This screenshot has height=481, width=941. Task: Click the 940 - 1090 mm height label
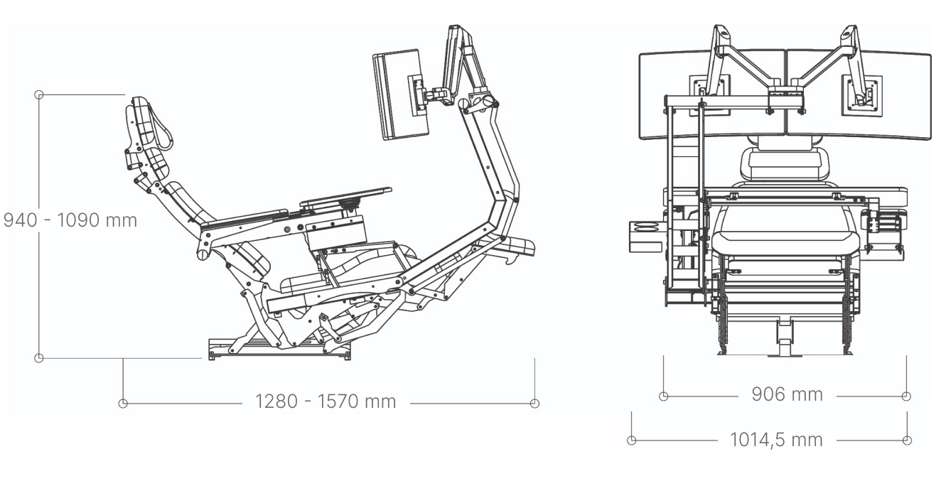coord(70,220)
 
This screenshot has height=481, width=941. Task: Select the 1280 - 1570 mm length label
coord(326,401)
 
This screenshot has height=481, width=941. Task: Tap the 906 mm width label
coord(787,394)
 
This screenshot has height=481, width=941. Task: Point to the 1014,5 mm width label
coord(776,440)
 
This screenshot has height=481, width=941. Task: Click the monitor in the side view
coord(400,94)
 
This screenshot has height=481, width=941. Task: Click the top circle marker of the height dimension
coord(38,95)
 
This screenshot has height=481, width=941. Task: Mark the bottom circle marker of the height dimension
coord(38,358)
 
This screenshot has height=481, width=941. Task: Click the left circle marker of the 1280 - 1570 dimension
coord(123,404)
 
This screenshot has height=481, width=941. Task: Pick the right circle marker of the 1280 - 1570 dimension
coord(534,404)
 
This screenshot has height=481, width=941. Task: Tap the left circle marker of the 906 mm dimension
coord(663,396)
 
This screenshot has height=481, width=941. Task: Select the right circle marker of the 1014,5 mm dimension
coord(907,441)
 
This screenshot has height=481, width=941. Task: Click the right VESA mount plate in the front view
coord(861,96)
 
